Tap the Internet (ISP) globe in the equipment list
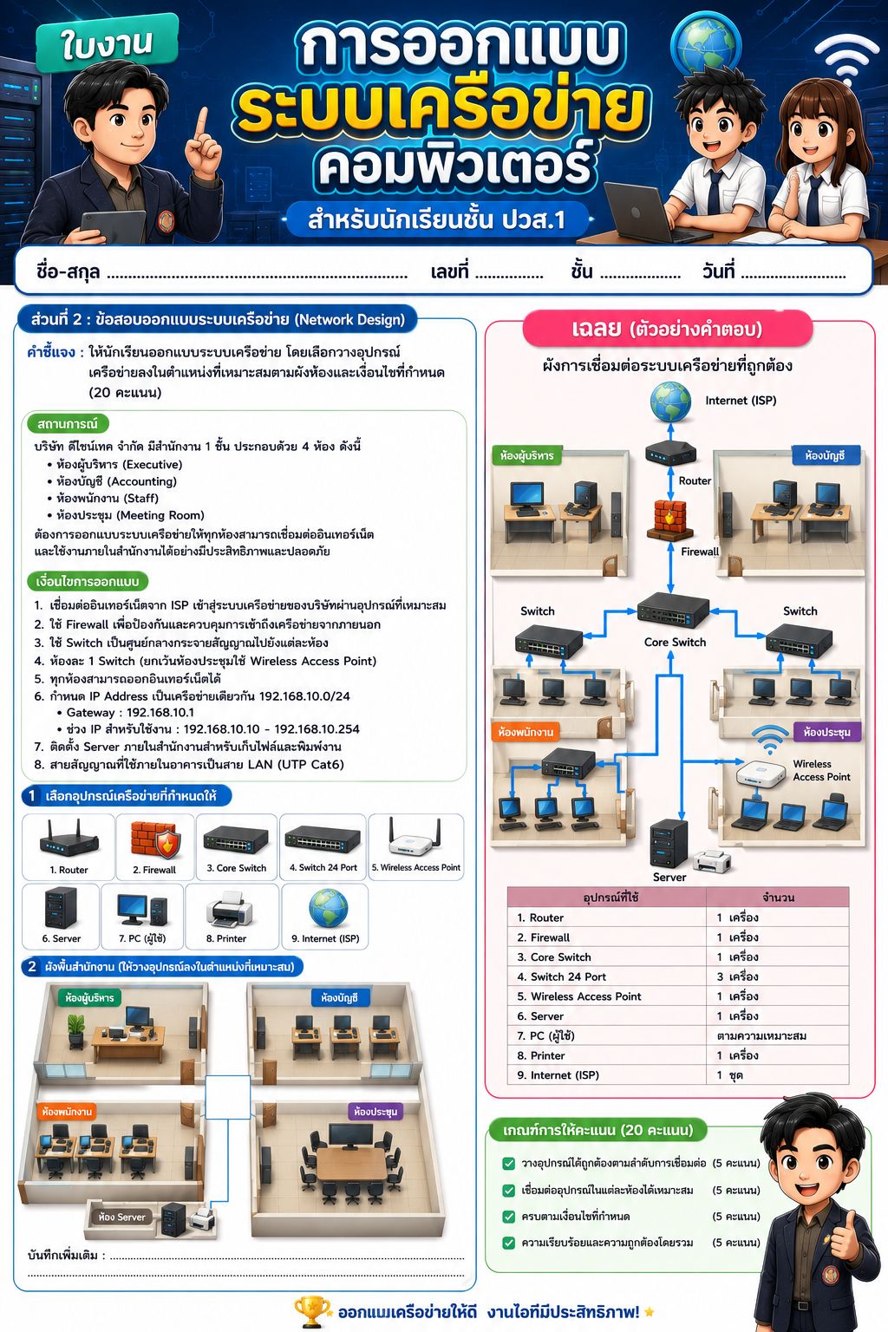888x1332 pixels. point(328,908)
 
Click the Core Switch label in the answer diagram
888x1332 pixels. point(675,643)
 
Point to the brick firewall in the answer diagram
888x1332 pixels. point(669,519)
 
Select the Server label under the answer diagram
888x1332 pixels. point(669,877)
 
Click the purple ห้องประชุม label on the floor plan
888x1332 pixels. point(375,1112)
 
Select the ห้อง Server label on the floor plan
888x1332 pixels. point(122,1218)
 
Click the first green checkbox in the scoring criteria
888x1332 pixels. point(508,1163)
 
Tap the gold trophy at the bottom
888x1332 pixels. point(311,1311)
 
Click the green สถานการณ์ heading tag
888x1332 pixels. point(68,424)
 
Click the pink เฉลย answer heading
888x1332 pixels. point(667,329)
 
